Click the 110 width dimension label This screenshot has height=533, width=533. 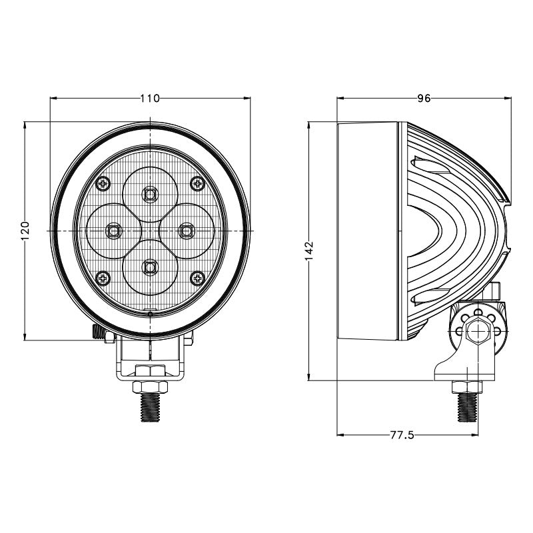[x=150, y=99]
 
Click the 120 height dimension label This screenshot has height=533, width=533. [x=25, y=231]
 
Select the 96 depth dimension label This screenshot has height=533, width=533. [x=424, y=99]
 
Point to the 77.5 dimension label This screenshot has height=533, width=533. [x=402, y=436]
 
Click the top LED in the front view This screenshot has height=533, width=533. [x=151, y=195]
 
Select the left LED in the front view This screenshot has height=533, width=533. [x=113, y=231]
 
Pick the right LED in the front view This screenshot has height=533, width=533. [x=187, y=231]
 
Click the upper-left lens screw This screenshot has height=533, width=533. [x=103, y=183]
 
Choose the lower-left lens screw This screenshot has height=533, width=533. [x=103, y=277]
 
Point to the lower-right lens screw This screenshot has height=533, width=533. [x=197, y=277]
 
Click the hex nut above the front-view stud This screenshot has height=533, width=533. [x=151, y=386]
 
